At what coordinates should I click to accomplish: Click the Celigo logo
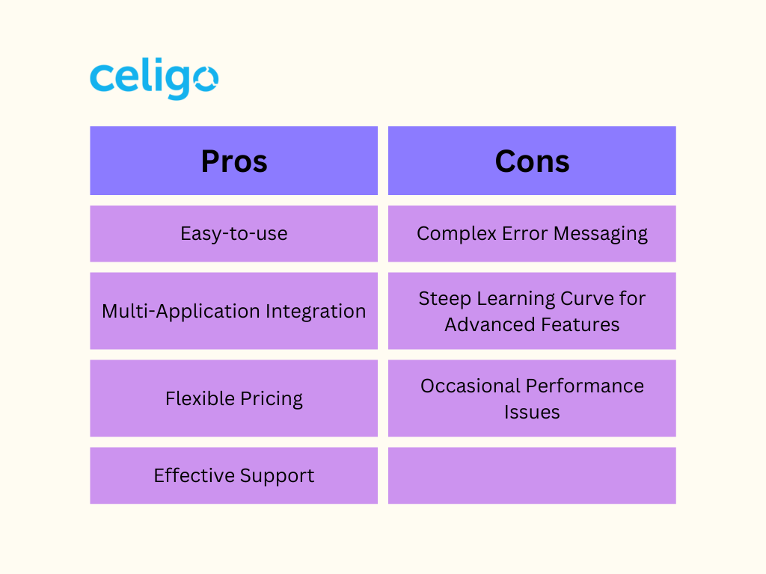click(154, 78)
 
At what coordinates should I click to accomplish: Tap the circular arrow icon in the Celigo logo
click(205, 78)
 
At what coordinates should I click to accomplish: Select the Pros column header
click(234, 161)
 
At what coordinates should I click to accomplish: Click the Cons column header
click(532, 161)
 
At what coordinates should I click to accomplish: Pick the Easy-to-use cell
click(234, 234)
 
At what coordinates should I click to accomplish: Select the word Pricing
click(272, 399)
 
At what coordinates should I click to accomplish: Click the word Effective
click(194, 475)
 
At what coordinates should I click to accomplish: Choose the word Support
click(277, 476)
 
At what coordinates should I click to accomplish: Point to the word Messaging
click(601, 234)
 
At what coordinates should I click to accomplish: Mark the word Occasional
click(471, 386)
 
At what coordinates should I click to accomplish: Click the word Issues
click(532, 412)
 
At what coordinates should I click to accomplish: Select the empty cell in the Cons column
click(532, 475)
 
